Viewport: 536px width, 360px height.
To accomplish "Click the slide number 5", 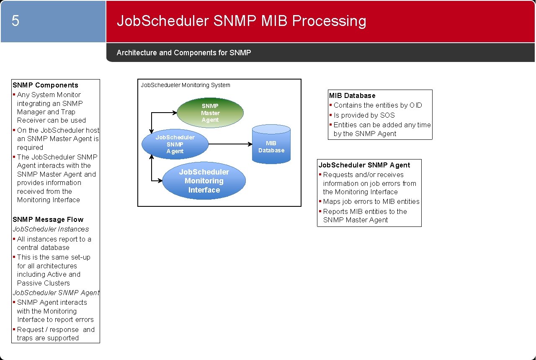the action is point(15,21).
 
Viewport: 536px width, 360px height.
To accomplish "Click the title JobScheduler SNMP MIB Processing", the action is point(241,21).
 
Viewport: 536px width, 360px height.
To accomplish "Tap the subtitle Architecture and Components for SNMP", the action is point(183,53).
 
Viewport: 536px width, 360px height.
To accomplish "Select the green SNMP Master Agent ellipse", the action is point(210,113).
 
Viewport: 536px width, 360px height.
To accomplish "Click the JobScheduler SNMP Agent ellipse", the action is point(175,144).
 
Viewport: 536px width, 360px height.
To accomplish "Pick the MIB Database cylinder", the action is point(271,144).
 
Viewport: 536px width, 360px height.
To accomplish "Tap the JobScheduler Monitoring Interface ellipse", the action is point(204,181).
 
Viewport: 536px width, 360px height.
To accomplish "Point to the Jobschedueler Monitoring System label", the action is point(185,85).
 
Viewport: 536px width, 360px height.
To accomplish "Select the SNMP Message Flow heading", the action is point(48,219).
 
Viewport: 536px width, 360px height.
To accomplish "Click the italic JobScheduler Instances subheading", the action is point(51,229).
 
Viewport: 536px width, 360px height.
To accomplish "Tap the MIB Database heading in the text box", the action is point(352,95).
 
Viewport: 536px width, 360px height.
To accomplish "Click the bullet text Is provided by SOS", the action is point(364,115).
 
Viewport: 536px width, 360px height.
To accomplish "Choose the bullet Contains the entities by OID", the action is point(378,105).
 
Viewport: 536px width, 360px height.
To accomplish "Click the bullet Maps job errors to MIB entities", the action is point(371,201).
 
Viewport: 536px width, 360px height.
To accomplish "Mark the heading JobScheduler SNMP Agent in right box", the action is point(364,165).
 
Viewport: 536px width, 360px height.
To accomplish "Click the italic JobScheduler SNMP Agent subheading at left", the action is point(56,293).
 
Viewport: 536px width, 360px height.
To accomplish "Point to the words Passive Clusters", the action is point(44,283).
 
